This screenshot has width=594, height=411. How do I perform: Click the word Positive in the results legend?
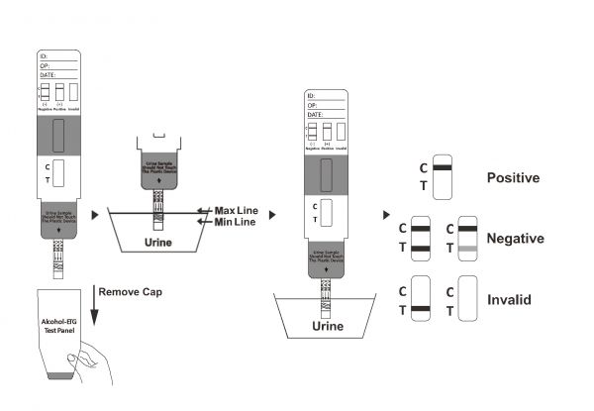513,178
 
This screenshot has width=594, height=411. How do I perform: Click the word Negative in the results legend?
516,239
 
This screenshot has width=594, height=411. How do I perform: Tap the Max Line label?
237,211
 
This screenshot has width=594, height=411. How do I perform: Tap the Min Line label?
235,223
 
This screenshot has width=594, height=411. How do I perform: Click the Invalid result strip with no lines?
468,300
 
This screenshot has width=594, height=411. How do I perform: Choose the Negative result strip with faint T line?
468,239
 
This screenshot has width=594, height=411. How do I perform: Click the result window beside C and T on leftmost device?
58,174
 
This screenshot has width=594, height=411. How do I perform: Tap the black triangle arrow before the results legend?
386,214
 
